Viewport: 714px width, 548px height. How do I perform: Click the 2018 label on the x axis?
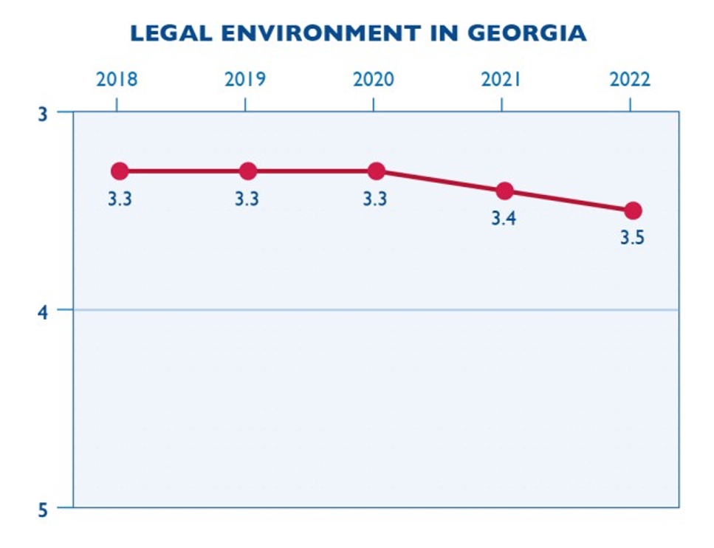[117, 80]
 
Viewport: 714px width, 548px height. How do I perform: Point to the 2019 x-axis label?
[245, 80]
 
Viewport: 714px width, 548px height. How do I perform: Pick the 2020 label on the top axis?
[374, 80]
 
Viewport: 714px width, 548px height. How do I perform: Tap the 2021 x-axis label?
[502, 80]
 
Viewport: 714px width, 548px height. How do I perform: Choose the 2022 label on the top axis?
[631, 80]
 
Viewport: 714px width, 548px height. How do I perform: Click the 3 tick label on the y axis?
[42, 114]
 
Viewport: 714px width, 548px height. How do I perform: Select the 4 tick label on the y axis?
[42, 311]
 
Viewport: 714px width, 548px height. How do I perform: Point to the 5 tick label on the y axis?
[42, 509]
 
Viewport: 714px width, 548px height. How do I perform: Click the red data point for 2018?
[120, 171]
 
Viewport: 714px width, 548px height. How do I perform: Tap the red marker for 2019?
[248, 171]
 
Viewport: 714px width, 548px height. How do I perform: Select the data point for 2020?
[377, 171]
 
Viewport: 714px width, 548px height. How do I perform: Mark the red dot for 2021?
[505, 191]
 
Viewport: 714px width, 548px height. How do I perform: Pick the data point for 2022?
[633, 210]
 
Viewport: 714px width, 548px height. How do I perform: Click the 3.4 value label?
[504, 219]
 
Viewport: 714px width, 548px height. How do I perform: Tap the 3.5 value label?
[632, 239]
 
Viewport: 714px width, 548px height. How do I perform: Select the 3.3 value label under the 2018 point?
[119, 200]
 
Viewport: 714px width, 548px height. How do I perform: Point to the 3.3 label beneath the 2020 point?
[375, 200]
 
